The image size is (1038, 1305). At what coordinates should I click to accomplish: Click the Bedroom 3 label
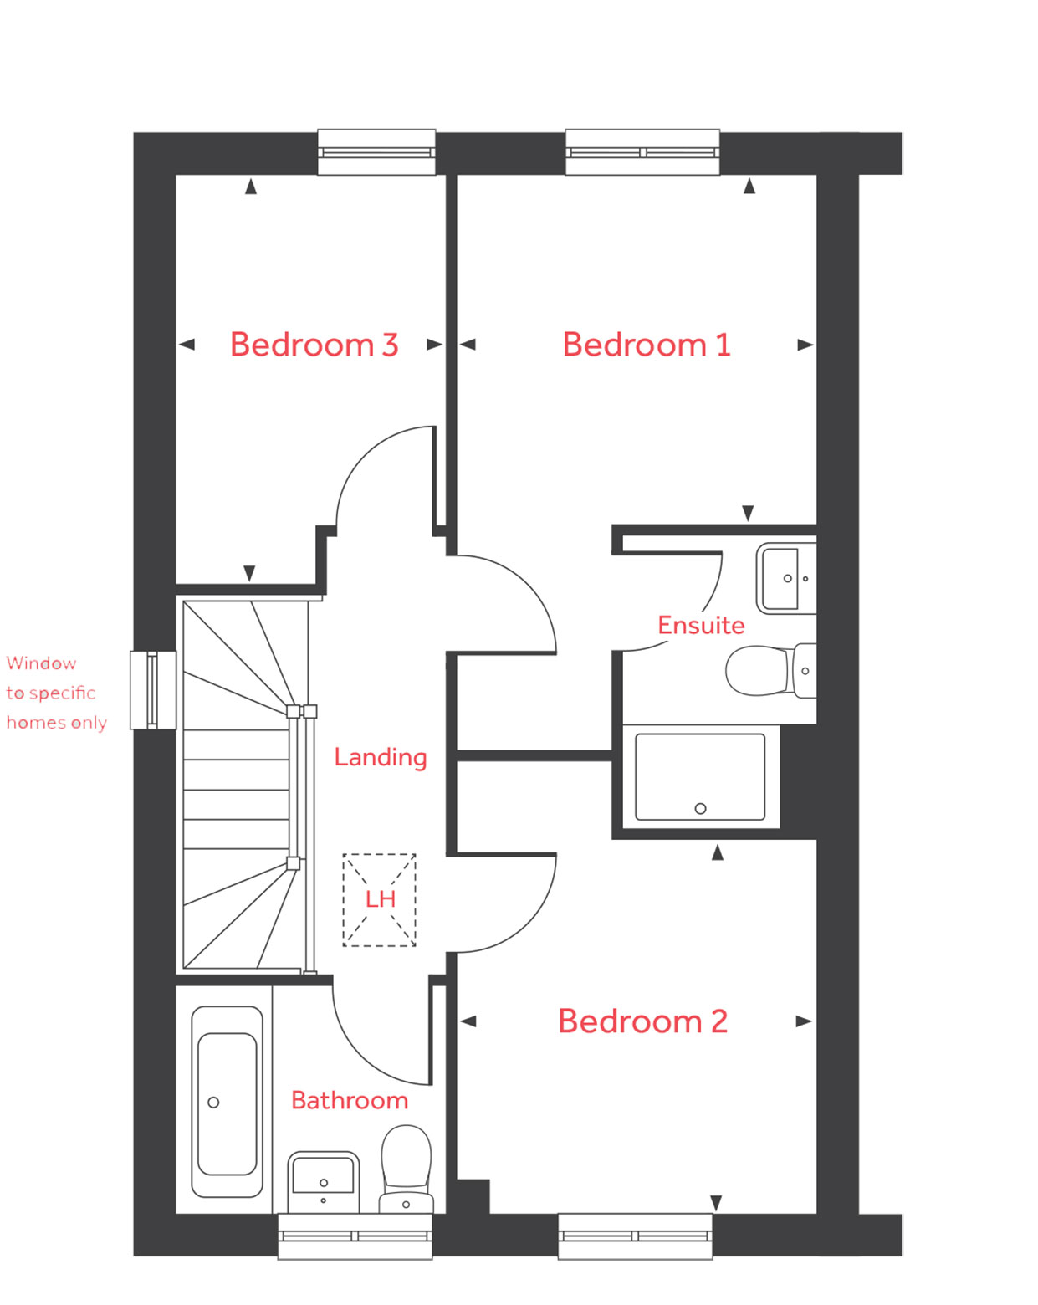[314, 345]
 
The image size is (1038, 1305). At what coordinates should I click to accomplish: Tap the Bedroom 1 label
[647, 345]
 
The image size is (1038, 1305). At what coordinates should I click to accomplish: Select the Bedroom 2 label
[642, 1021]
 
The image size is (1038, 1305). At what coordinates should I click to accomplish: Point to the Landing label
[381, 757]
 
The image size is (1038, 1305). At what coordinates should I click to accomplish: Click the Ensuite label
[701, 625]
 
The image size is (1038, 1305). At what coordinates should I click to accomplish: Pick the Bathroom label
[350, 1100]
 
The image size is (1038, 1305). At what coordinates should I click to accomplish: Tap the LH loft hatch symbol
[379, 900]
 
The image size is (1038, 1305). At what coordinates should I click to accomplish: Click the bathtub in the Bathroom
[227, 1102]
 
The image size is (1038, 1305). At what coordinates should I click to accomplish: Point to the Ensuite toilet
[770, 670]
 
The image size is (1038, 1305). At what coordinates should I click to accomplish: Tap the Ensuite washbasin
[785, 578]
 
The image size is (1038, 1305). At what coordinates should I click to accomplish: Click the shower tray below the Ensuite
[700, 777]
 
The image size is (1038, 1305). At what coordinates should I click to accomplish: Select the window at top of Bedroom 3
[376, 152]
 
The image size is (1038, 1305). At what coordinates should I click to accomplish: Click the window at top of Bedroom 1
[642, 152]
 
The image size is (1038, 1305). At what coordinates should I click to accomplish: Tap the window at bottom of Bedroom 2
[635, 1236]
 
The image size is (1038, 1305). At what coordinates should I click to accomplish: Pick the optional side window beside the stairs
[153, 690]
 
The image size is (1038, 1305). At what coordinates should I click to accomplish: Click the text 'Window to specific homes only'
[56, 693]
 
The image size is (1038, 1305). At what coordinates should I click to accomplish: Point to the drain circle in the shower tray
[700, 808]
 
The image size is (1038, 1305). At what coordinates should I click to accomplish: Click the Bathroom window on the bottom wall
[355, 1236]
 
